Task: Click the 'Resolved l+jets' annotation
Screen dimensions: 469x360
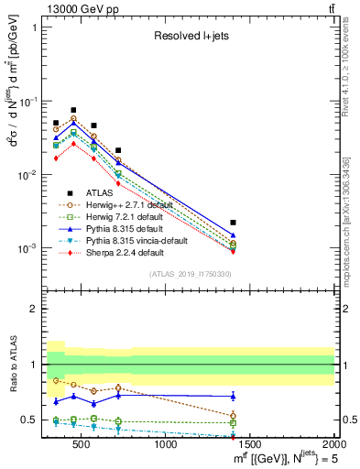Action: click(190, 38)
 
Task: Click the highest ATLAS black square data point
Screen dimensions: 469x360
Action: click(73, 110)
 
